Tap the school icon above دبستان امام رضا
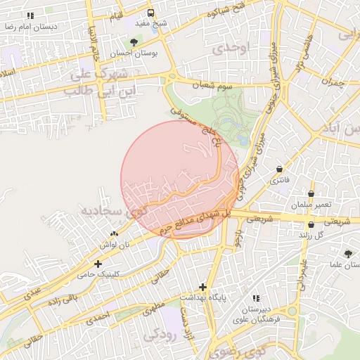pos(30,15)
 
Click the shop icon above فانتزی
pos(281,169)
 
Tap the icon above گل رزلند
pos(311,224)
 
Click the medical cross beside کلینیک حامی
pos(107,264)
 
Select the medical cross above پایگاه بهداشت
pos(203,287)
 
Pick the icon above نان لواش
pos(115,233)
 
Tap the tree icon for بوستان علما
pos(349,254)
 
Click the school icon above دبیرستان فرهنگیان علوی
pos(255,299)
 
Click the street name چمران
pos(330,82)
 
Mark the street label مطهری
pos(153,308)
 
